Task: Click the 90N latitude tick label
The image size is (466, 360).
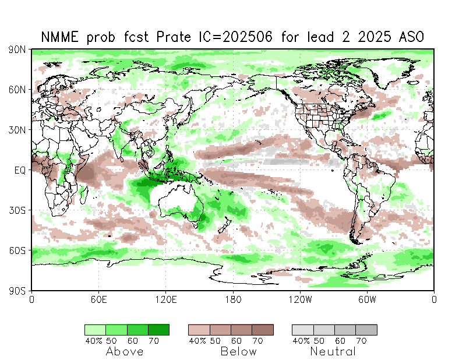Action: point(16,50)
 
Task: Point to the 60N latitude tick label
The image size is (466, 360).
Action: point(16,90)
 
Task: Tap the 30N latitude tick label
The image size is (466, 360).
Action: point(16,130)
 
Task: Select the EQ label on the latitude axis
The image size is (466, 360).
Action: point(19,170)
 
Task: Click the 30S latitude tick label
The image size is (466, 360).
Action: point(16,210)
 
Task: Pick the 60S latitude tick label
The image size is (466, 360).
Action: point(16,250)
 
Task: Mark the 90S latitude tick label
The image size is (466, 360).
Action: point(16,290)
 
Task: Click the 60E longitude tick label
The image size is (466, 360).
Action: point(98,299)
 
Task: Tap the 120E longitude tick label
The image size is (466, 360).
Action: point(165,299)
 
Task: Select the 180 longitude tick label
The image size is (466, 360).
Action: point(233,299)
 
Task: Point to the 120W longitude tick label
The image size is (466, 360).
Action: point(300,299)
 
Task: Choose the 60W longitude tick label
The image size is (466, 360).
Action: point(367,299)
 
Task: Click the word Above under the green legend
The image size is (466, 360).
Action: point(125,351)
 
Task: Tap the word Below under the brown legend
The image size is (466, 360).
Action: point(238,351)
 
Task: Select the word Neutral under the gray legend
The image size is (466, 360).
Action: point(333,351)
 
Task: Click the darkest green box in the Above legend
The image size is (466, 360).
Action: point(158,330)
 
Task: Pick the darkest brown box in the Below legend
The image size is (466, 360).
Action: point(262,330)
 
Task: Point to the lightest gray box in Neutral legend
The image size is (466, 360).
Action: point(302,330)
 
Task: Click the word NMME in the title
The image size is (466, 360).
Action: point(59,37)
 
